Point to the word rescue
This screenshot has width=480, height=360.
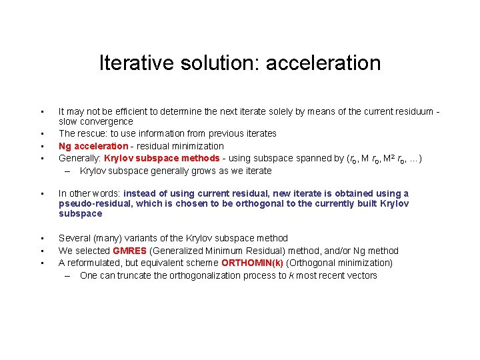(92, 133)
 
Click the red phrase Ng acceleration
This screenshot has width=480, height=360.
(93, 146)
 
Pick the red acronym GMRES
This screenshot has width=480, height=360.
(129, 251)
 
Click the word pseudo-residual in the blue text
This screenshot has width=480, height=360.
(90, 203)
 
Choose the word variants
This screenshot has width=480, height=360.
(143, 238)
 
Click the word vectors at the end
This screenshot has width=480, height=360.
(361, 275)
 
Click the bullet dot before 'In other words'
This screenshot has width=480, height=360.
(42, 194)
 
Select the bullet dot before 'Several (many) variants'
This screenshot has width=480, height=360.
(42, 239)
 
